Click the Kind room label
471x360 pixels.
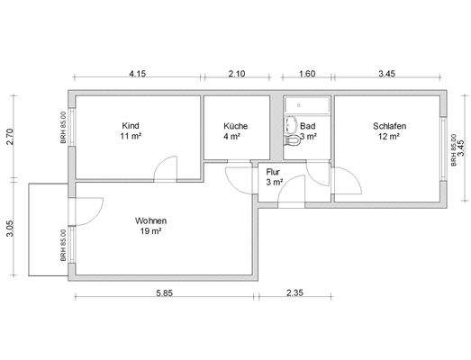tap(131, 125)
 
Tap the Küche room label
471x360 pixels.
tap(236, 126)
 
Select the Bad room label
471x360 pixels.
tap(308, 126)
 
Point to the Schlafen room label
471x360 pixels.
tap(390, 126)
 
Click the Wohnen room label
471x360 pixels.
tap(150, 221)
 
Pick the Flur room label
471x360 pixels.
tap(273, 172)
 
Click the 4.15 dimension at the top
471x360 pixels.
tap(138, 74)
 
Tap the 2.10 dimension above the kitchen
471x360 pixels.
tap(237, 74)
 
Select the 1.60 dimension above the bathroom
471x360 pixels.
tap(307, 74)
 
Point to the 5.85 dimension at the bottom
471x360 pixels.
tap(164, 292)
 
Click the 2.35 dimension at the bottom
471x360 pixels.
tap(294, 292)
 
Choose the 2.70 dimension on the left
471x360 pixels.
tap(10, 137)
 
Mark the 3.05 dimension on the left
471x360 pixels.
tap(10, 229)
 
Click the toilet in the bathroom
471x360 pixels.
tap(292, 140)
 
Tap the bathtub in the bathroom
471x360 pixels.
tap(307, 105)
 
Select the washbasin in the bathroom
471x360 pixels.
tap(290, 124)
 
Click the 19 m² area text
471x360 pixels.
tap(150, 231)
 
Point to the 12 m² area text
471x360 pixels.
tap(389, 136)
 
